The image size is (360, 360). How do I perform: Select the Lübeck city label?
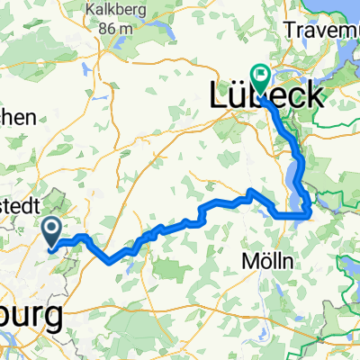[x=265, y=95]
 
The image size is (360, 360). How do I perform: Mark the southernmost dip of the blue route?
[x=110, y=262]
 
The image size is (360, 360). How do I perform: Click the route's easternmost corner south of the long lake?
[x=310, y=212]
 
